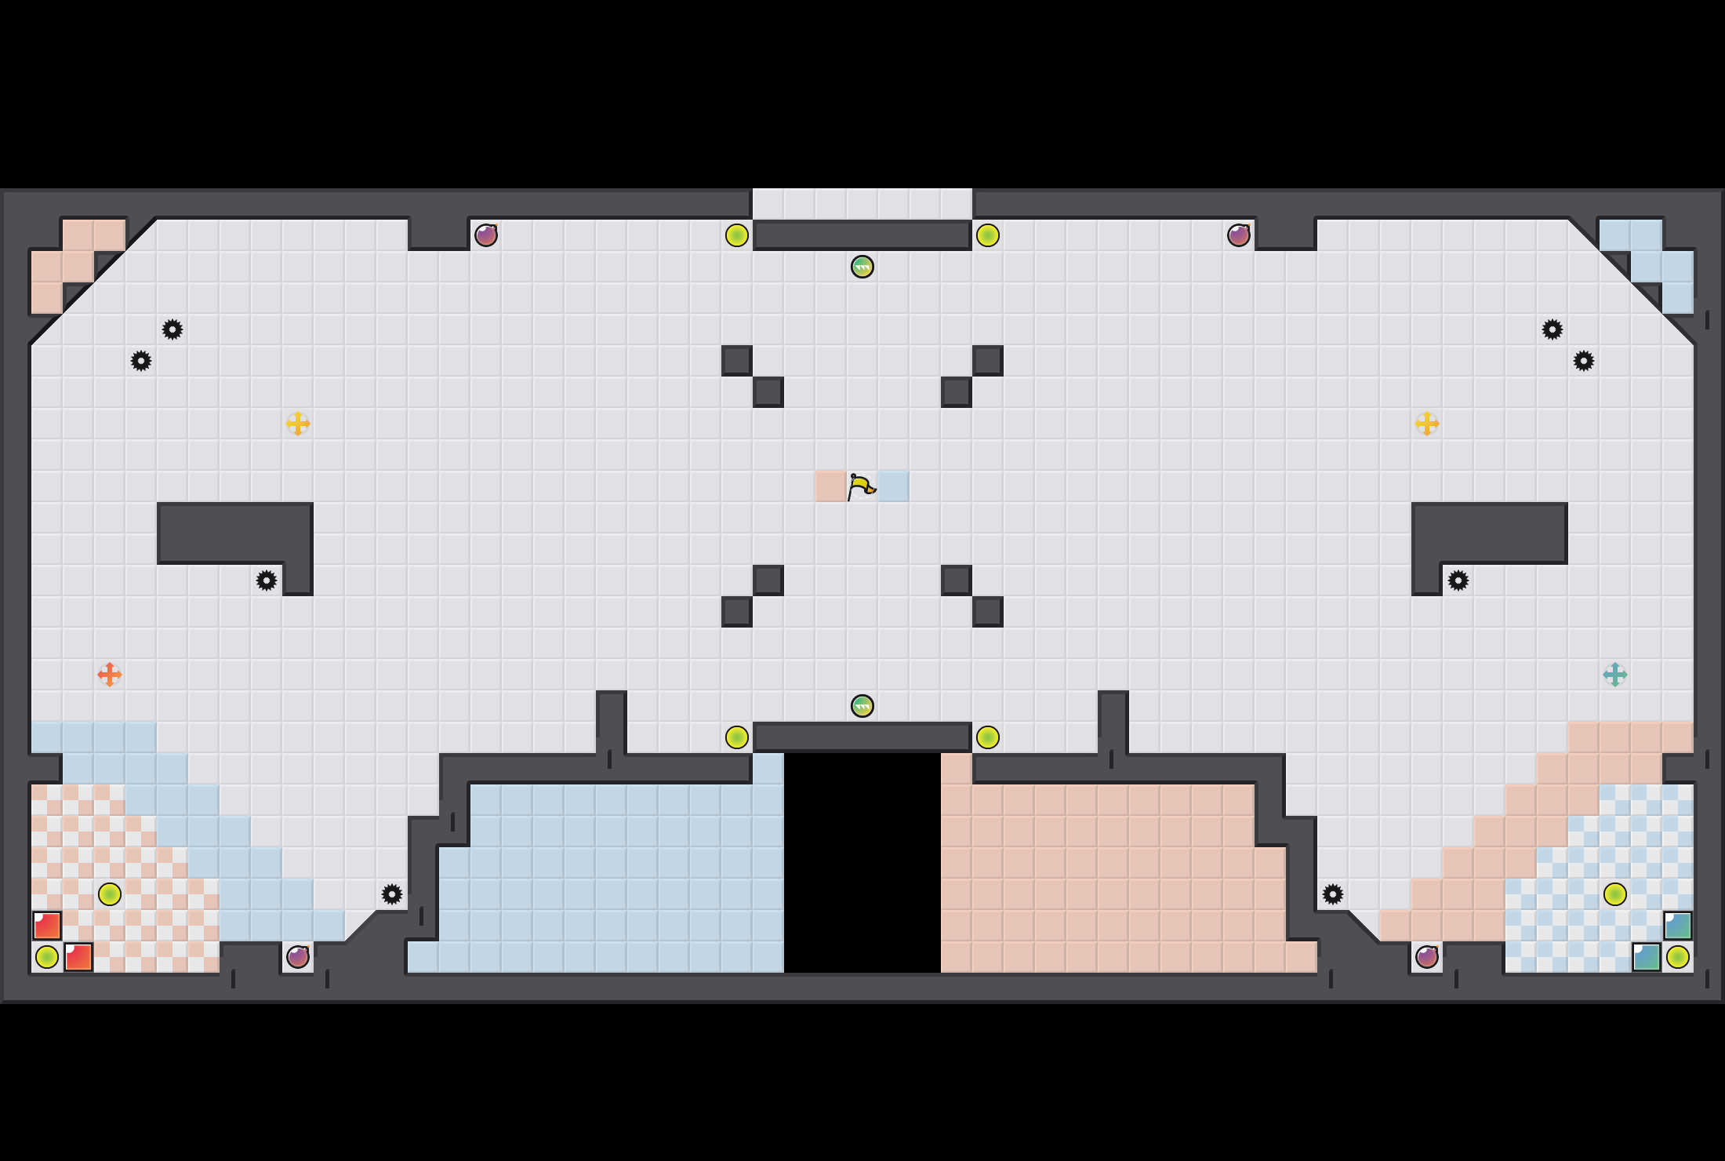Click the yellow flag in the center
[x=862, y=486]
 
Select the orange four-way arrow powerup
[x=110, y=675]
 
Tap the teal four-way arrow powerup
[x=1614, y=675]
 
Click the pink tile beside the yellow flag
[x=830, y=486]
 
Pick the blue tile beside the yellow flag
[x=893, y=486]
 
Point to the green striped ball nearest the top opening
[x=862, y=267]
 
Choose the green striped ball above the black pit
[x=862, y=706]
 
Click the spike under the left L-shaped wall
[x=267, y=580]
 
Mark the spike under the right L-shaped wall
[x=1458, y=580]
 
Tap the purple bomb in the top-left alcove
[x=486, y=235]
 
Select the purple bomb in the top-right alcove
[x=1238, y=235]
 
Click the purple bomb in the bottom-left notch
[x=298, y=957]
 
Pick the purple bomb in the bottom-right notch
[x=1426, y=957]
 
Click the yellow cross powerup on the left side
[x=298, y=424]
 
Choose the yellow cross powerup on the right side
[x=1426, y=424]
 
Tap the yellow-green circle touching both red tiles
[x=47, y=957]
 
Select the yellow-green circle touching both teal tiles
[x=1677, y=957]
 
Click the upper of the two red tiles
[x=47, y=926]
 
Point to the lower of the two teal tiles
[x=1646, y=957]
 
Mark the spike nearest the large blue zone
[x=392, y=894]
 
